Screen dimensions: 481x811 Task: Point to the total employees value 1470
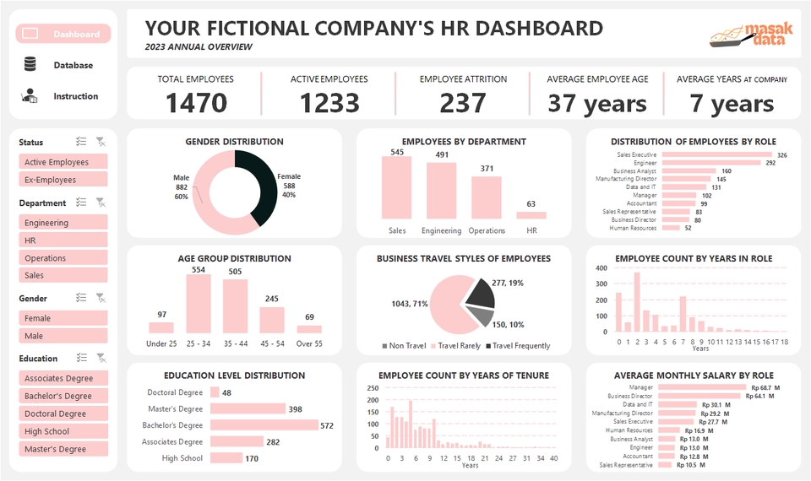pyautogui.click(x=196, y=103)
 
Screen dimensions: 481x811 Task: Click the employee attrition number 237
pyautogui.click(x=463, y=103)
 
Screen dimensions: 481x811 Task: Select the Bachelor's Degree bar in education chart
pyautogui.click(x=264, y=425)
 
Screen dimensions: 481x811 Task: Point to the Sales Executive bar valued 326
pyautogui.click(x=716, y=155)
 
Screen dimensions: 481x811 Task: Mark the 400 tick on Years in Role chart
pyautogui.click(x=601, y=268)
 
